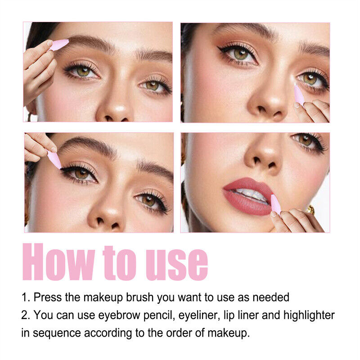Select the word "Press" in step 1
pos(48,297)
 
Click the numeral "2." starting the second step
pos(26,315)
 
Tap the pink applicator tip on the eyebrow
pos(60,44)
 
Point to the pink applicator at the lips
pos(275,204)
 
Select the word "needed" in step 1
pos(271,297)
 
